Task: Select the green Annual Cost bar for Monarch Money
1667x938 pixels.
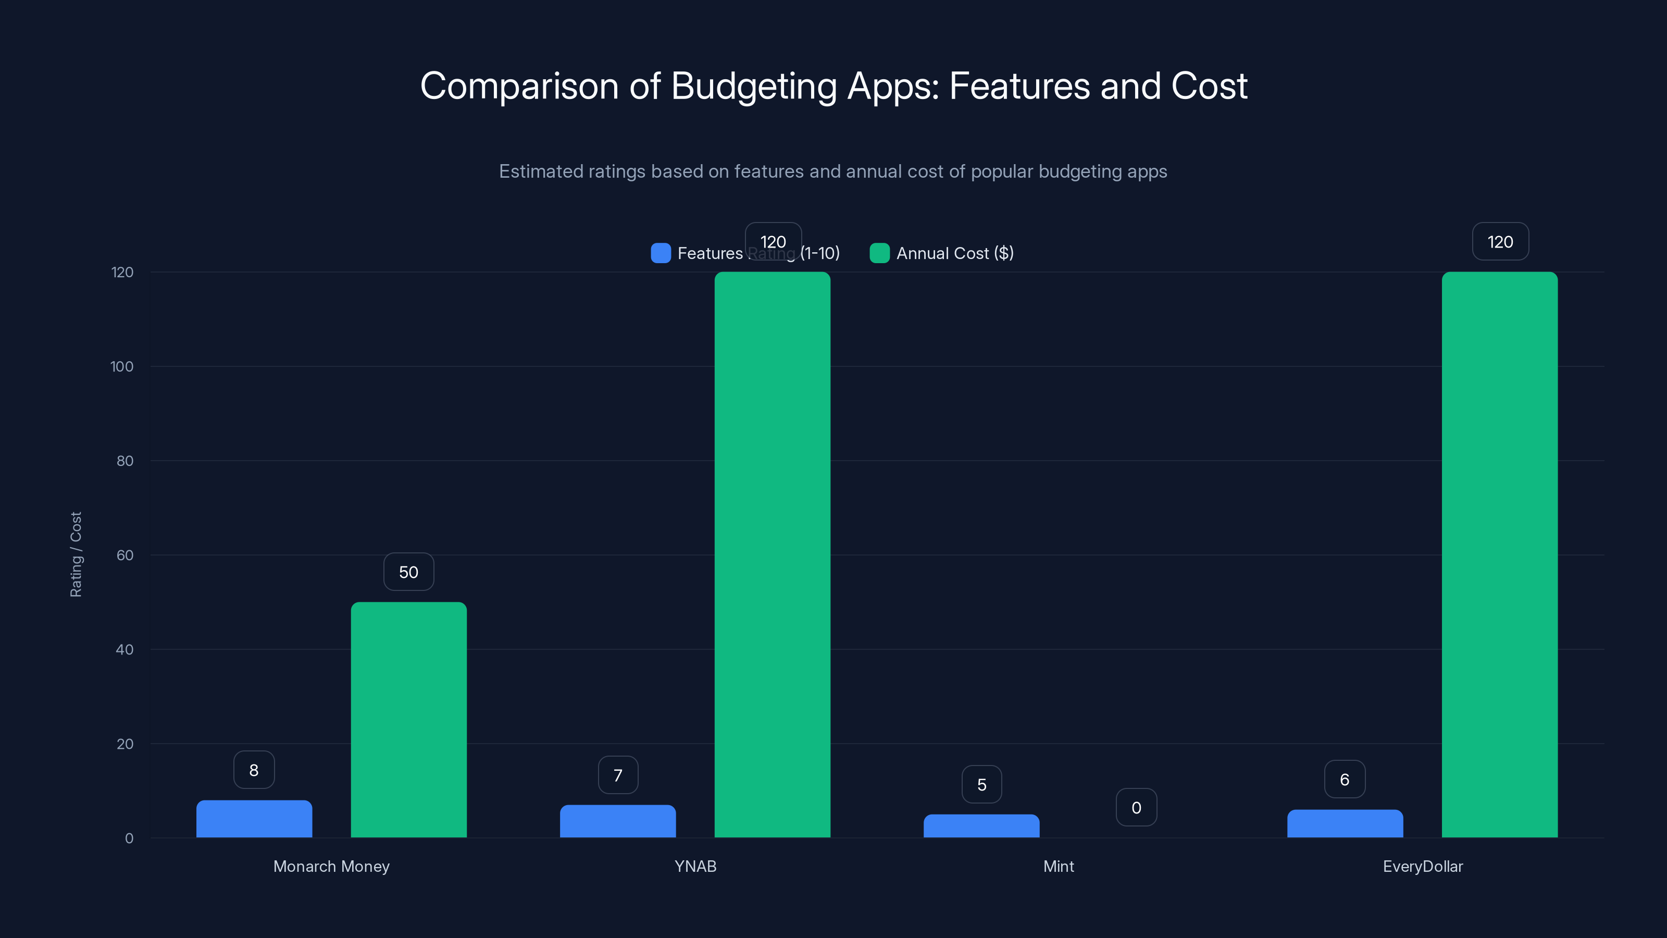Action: click(408, 719)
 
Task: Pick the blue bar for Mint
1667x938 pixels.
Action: click(981, 826)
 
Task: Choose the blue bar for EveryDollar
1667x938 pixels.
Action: click(1345, 823)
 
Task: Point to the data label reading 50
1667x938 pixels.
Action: click(408, 572)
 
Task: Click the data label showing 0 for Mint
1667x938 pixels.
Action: click(1136, 807)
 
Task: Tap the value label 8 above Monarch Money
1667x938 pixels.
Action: click(254, 770)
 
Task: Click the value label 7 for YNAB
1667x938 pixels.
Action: click(617, 775)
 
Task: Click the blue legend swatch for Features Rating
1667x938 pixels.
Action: click(660, 253)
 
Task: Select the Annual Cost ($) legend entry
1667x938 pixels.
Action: click(954, 253)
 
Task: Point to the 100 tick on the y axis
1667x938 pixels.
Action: click(122, 366)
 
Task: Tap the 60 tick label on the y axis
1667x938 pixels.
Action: click(125, 555)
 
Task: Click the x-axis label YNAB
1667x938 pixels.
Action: click(695, 866)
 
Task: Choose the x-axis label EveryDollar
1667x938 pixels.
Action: click(1422, 866)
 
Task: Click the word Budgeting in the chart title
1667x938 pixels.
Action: click(754, 86)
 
